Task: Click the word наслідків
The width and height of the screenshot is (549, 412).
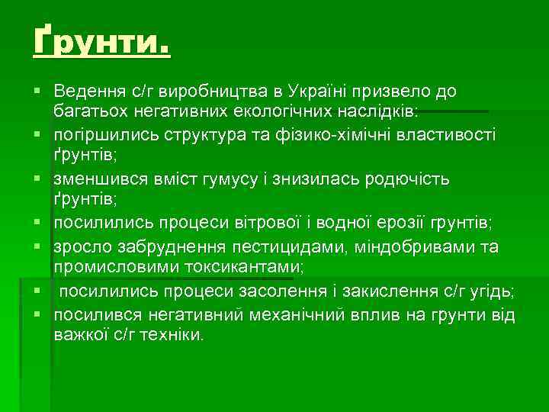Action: pos(377,113)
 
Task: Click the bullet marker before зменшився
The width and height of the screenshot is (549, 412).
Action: pos(36,179)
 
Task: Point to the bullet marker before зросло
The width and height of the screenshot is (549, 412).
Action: pos(36,246)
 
